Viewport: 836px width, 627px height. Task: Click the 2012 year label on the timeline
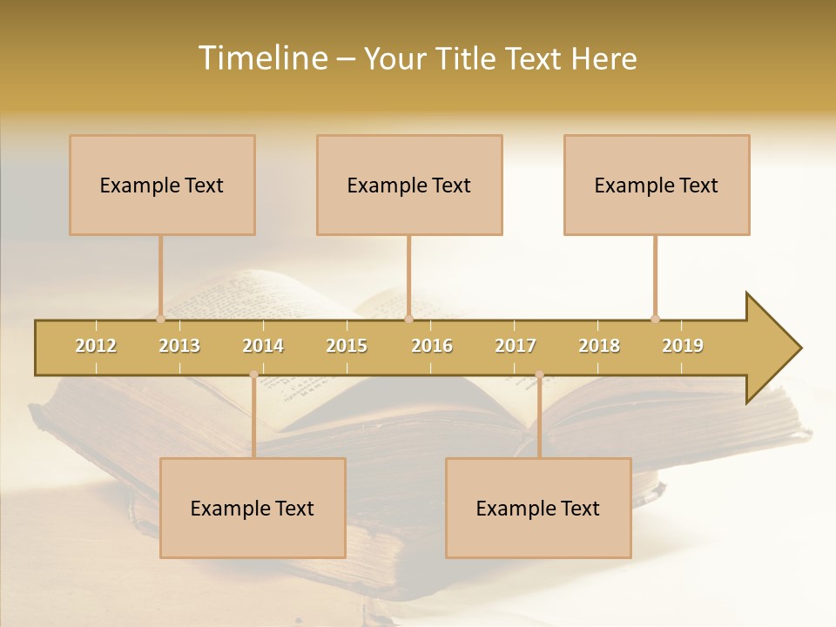[x=96, y=346]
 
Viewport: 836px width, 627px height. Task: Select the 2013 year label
[x=179, y=346]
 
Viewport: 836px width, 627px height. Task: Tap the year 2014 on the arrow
[x=263, y=346]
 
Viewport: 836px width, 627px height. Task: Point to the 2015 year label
[x=347, y=346]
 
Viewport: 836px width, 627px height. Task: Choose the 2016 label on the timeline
[x=432, y=346]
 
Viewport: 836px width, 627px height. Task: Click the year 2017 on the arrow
[x=516, y=346]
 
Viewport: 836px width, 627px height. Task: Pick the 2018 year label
[x=599, y=346]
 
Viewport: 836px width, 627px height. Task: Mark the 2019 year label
[x=683, y=346]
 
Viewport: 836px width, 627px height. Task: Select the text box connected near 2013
[x=162, y=185]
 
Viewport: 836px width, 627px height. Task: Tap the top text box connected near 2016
[x=409, y=185]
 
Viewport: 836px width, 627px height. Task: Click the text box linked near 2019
[x=657, y=185]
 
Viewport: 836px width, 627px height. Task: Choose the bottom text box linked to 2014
[x=253, y=508]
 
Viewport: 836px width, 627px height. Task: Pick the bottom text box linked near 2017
[x=538, y=508]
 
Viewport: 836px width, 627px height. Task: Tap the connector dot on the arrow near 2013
[x=160, y=319]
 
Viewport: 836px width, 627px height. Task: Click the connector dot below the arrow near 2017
[x=539, y=374]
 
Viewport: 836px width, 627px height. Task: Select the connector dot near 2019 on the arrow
[x=655, y=319]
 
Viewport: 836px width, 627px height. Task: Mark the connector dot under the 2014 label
[x=253, y=374]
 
